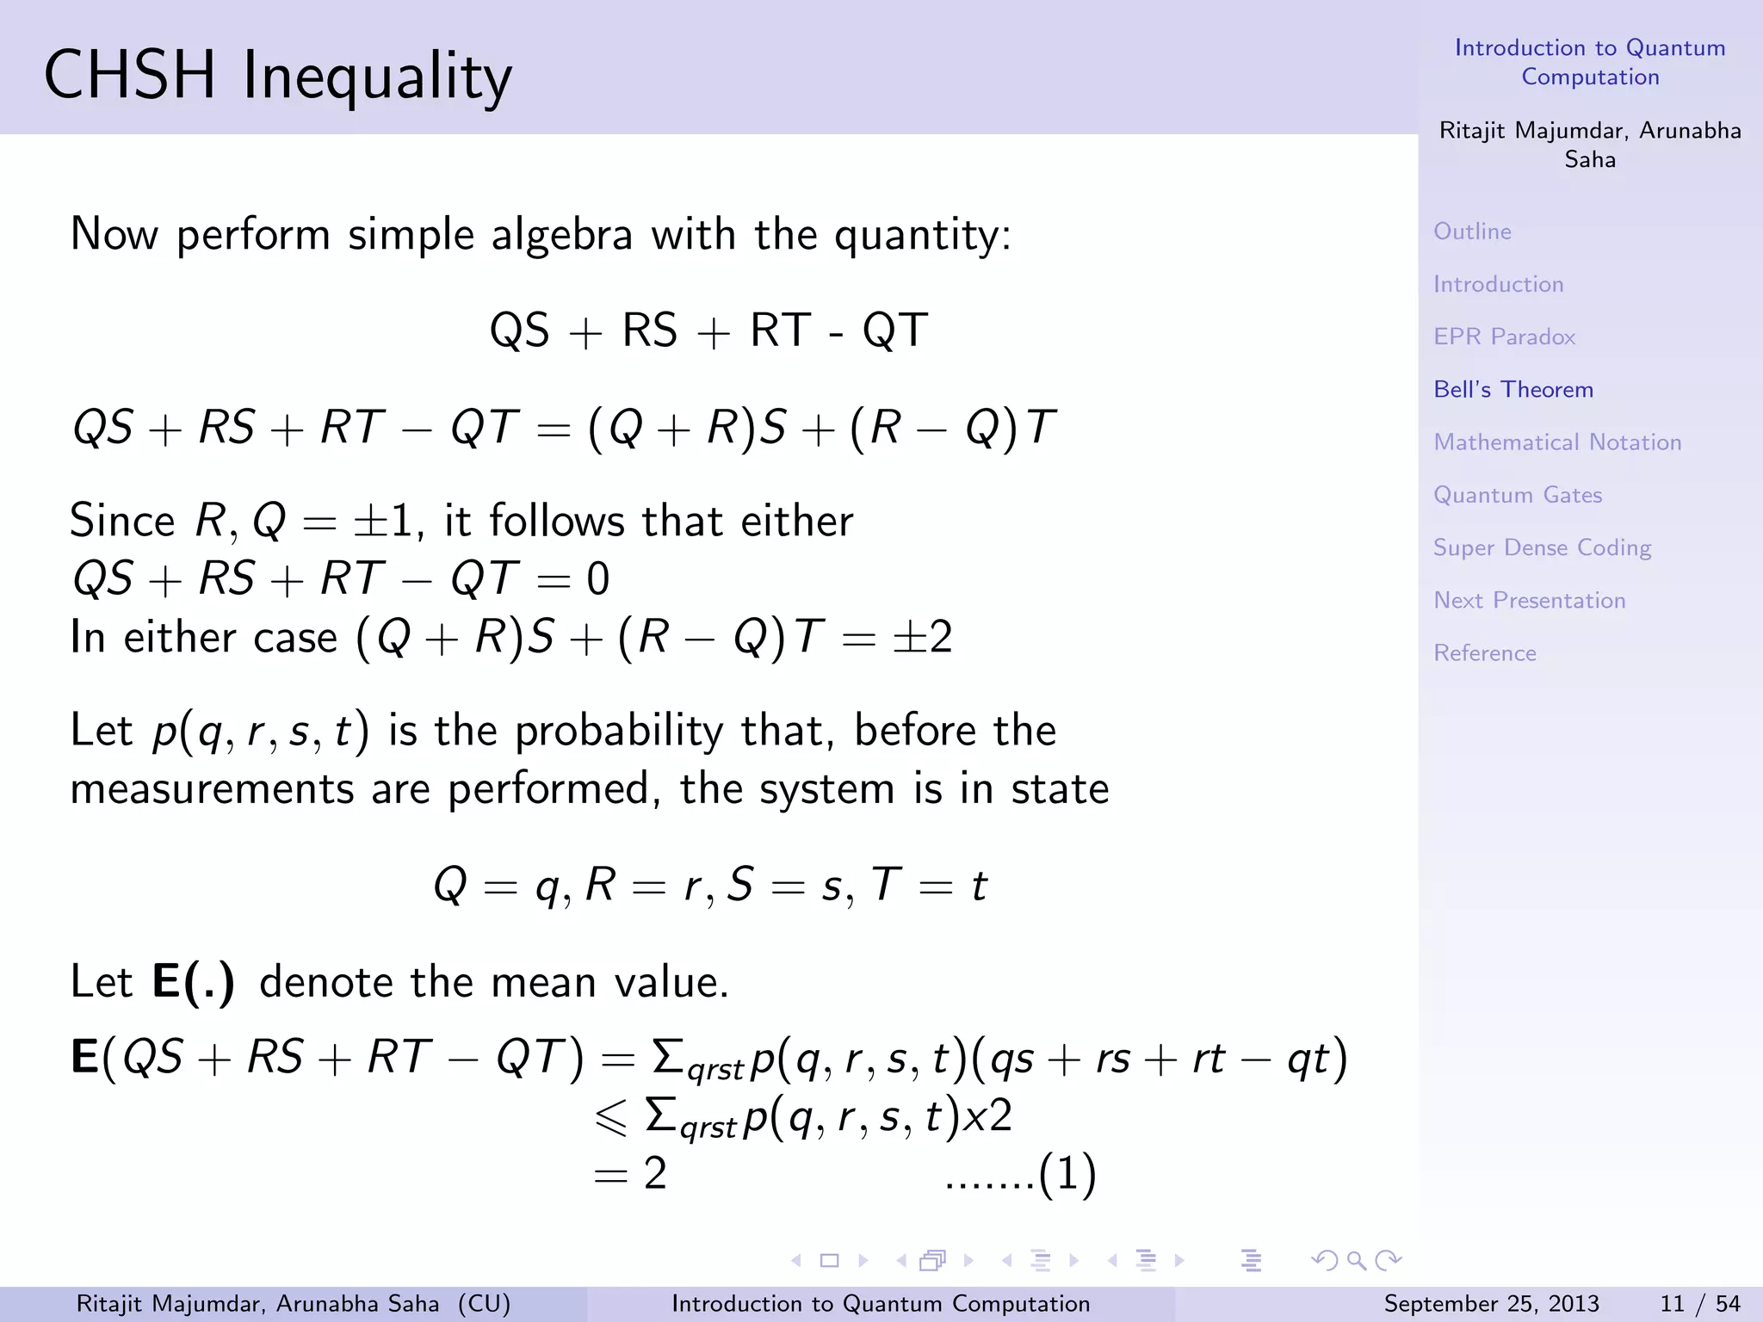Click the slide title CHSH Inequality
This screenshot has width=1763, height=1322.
[277, 76]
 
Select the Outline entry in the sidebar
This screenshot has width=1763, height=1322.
[1472, 232]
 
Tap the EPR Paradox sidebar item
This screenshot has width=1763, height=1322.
[1504, 337]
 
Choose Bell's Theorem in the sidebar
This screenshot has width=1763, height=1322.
[1513, 390]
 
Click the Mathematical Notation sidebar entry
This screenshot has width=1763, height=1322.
[1557, 442]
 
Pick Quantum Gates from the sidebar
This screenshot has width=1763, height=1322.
[1518, 495]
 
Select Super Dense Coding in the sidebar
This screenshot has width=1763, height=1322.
[1542, 548]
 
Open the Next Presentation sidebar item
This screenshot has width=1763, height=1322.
[1529, 601]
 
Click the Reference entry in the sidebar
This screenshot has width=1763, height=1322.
[1485, 653]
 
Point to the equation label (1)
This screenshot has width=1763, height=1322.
[1067, 1174]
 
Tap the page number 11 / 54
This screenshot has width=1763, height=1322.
[1699, 1304]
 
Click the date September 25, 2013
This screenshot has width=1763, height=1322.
[1491, 1304]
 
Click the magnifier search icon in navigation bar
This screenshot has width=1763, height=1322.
[1357, 1261]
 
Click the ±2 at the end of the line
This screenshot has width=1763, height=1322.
[922, 638]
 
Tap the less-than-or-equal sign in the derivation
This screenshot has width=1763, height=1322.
[610, 1117]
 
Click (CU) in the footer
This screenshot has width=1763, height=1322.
[484, 1304]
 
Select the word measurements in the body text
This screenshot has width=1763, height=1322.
[212, 789]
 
